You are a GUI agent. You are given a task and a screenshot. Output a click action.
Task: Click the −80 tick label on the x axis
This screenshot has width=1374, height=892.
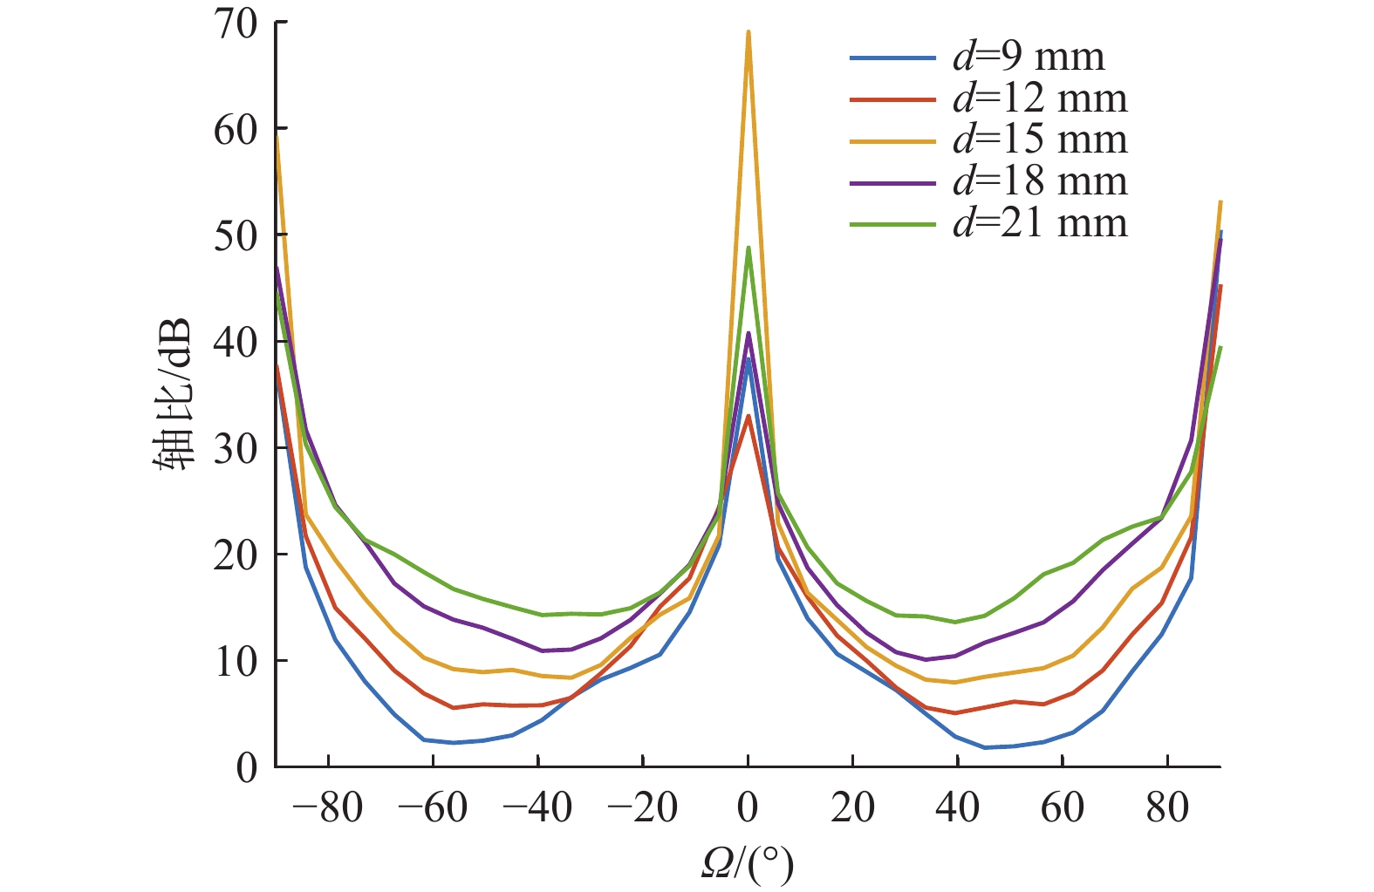pos(328,808)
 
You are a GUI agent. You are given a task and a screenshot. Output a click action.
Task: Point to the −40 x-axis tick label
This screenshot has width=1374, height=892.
pos(537,808)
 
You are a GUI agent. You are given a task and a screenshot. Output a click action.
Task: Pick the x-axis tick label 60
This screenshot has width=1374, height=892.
pos(1063,808)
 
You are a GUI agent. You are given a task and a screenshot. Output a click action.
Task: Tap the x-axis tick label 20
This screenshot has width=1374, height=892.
pos(852,808)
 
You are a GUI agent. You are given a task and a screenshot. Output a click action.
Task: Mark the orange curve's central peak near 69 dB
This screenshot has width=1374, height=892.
pos(749,33)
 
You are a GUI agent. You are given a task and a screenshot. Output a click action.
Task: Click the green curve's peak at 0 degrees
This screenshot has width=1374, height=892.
pos(749,248)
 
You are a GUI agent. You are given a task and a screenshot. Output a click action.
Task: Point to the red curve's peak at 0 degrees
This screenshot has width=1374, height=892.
pos(749,416)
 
